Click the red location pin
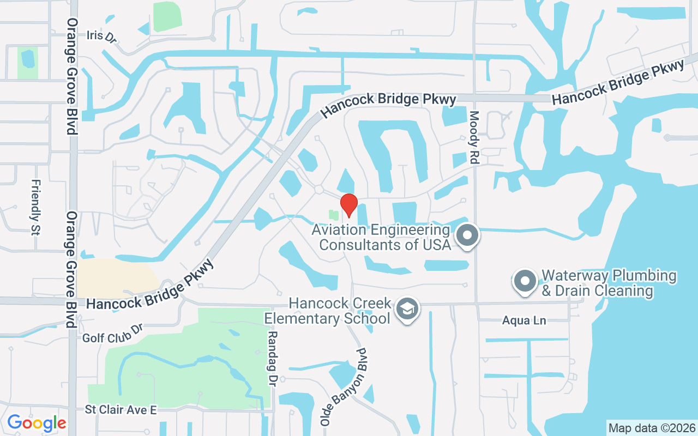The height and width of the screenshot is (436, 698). pyautogui.click(x=348, y=205)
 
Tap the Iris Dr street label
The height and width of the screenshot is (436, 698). pyautogui.click(x=101, y=36)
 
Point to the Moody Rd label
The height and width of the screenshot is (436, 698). pyautogui.click(x=473, y=138)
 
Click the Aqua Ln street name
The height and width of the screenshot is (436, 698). pyautogui.click(x=524, y=320)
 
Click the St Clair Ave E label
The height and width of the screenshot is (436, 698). pyautogui.click(x=121, y=410)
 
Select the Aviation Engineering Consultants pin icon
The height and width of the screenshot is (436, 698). pyautogui.click(x=467, y=235)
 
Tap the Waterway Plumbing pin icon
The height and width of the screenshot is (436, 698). pyautogui.click(x=526, y=282)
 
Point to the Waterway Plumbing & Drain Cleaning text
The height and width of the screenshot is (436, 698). pyautogui.click(x=608, y=283)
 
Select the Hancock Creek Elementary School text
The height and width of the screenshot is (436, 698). pyautogui.click(x=340, y=310)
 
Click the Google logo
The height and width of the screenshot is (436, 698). pyautogui.click(x=37, y=422)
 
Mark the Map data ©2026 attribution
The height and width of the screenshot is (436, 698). pyautogui.click(x=652, y=428)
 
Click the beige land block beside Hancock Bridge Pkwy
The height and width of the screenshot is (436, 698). pyautogui.click(x=115, y=278)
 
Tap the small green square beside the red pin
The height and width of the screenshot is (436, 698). pyautogui.click(x=333, y=215)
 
